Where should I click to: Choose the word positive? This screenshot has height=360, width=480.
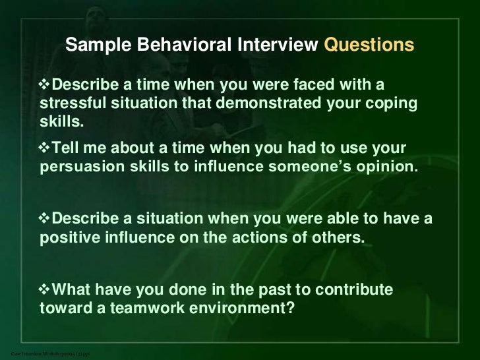click(x=68, y=237)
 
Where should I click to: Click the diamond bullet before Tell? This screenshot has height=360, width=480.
click(x=45, y=148)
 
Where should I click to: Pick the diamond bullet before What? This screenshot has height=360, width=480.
click(x=45, y=290)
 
